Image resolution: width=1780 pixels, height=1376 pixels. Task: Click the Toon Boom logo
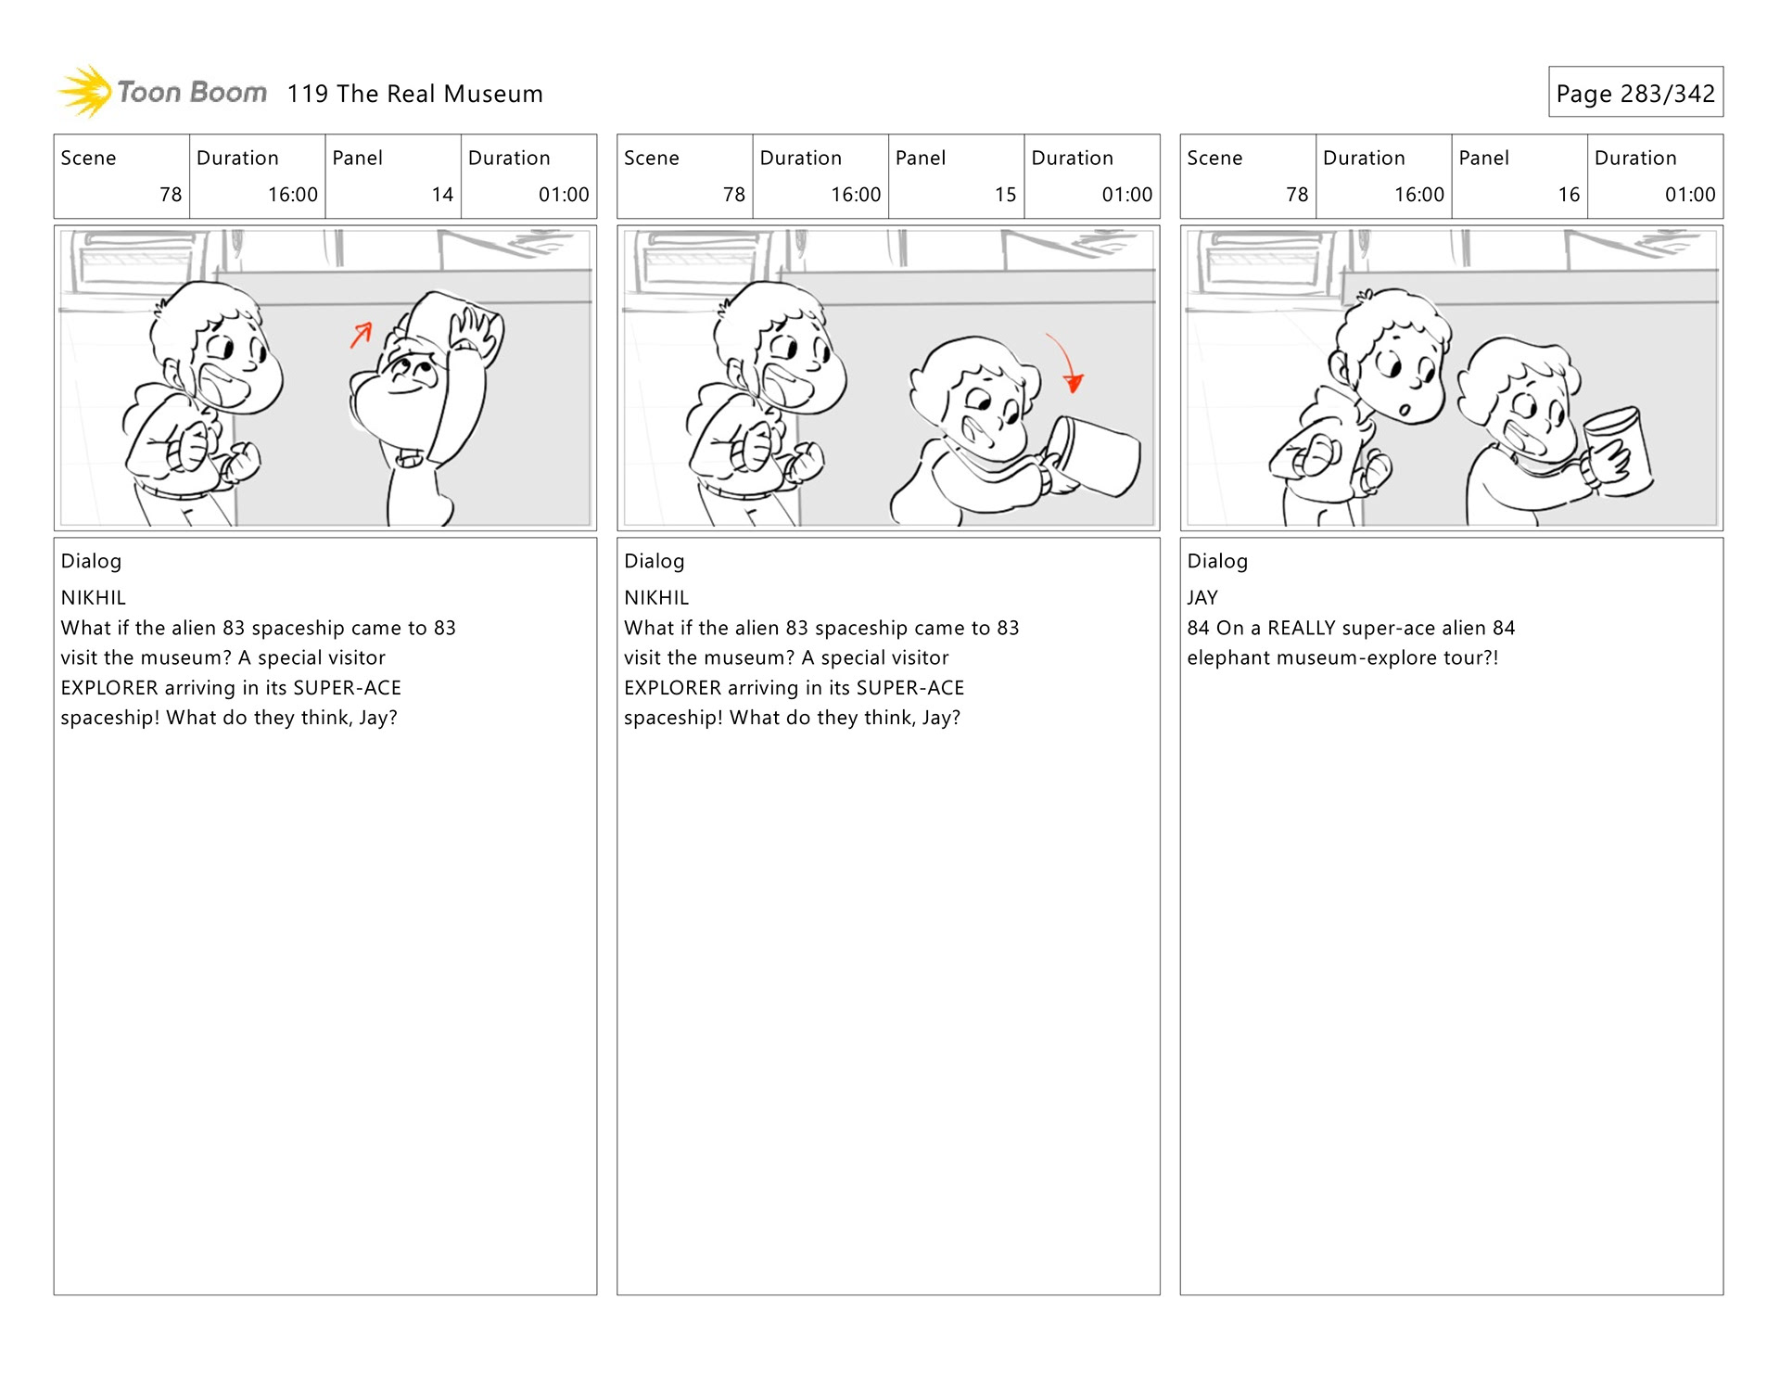point(162,92)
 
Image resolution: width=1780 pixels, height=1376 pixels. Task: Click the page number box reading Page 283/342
point(1634,93)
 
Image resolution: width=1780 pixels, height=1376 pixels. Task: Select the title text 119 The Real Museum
point(414,94)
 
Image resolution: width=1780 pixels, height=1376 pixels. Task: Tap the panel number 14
point(442,195)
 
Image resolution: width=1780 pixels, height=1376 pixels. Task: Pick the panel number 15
point(1005,195)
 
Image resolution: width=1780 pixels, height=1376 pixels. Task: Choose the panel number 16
point(1569,195)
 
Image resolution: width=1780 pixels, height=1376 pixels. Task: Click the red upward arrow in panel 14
point(362,334)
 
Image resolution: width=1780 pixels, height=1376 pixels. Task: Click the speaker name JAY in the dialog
point(1202,598)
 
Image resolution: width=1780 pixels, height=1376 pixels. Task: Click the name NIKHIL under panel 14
point(93,598)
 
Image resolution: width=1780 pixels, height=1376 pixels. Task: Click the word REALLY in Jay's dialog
point(1301,629)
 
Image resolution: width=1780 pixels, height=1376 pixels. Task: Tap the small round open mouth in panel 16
point(1405,409)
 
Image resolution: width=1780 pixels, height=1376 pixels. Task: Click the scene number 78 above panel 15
point(733,195)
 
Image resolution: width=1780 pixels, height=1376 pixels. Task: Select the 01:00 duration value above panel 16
point(1689,195)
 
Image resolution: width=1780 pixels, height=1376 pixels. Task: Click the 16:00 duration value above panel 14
point(292,195)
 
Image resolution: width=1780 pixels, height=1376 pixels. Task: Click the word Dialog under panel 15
point(654,561)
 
